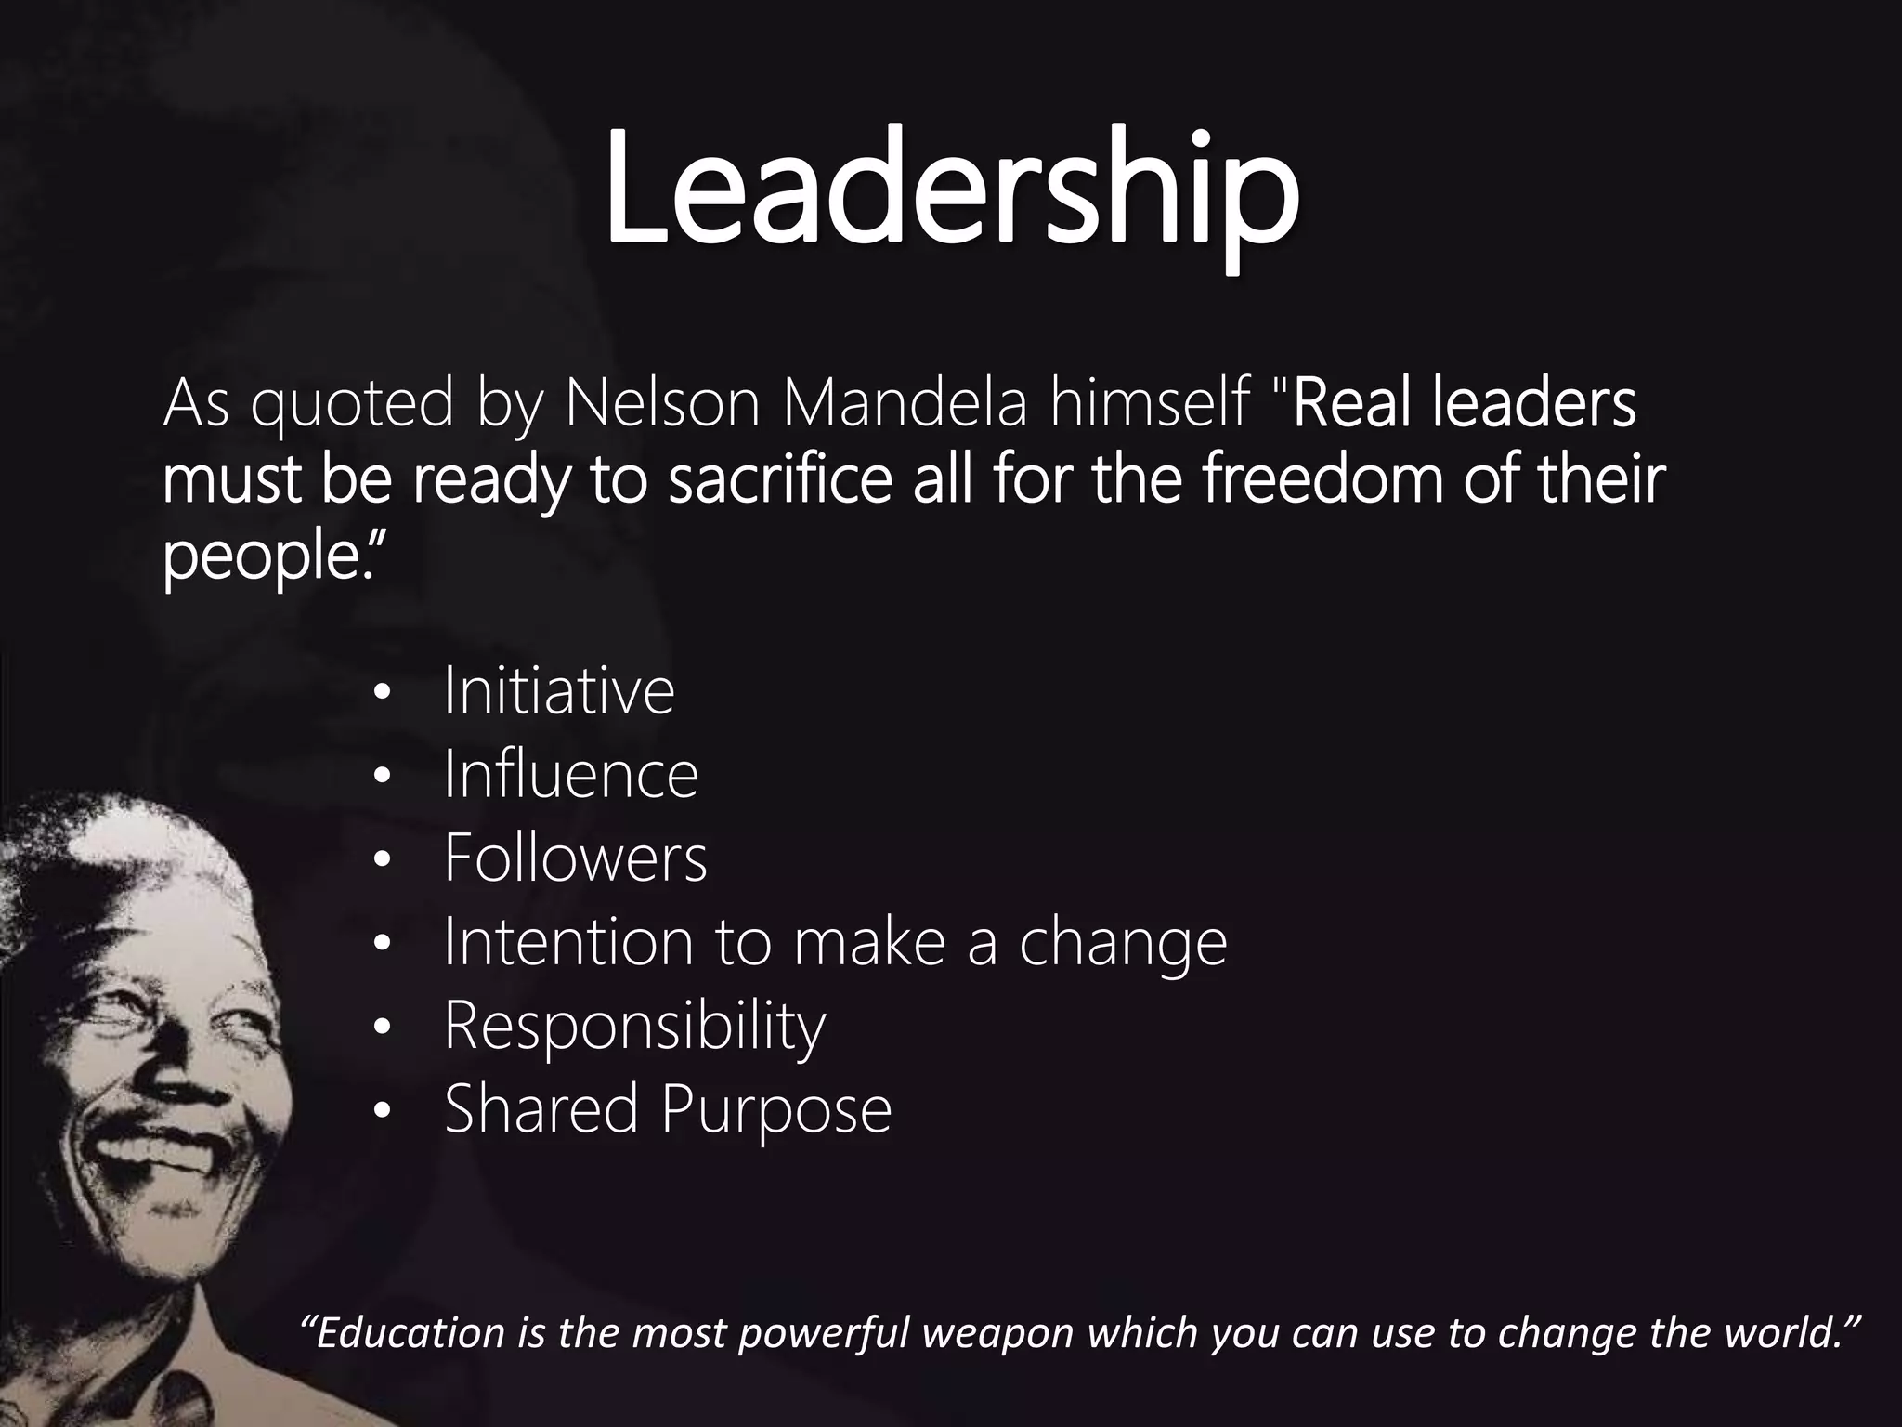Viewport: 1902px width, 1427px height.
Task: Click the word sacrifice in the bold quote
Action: [780, 480]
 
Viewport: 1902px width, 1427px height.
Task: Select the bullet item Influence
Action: [570, 775]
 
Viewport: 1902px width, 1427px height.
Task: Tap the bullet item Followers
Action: [575, 858]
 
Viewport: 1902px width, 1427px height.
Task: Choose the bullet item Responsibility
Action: [634, 1027]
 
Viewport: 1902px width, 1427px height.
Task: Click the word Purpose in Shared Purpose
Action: [776, 1110]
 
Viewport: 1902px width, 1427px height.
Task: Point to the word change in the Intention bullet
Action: [1123, 943]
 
